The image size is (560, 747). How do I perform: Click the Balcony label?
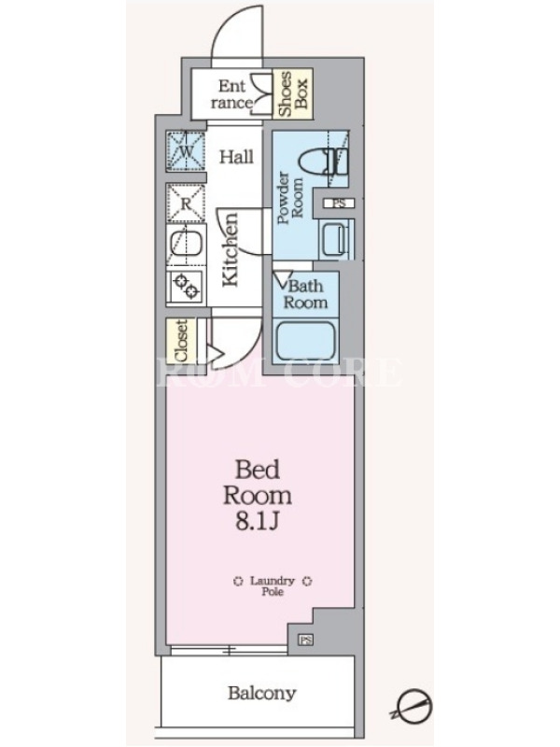(261, 693)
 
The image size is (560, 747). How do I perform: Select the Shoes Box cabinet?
(293, 93)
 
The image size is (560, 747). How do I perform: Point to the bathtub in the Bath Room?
(306, 341)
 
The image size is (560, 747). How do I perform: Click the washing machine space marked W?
(186, 151)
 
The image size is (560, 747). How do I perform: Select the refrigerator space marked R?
(186, 204)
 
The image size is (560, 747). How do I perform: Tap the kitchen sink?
(186, 246)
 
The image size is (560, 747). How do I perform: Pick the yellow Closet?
(181, 341)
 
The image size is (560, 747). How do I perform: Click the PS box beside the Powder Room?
(339, 204)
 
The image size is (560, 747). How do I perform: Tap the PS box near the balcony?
(306, 640)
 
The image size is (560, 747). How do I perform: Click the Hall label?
(236, 157)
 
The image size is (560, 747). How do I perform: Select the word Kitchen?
(230, 249)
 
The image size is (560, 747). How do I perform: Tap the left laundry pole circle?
(238, 581)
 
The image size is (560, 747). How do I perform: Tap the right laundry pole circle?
(308, 581)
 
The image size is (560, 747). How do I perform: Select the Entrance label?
(232, 94)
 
